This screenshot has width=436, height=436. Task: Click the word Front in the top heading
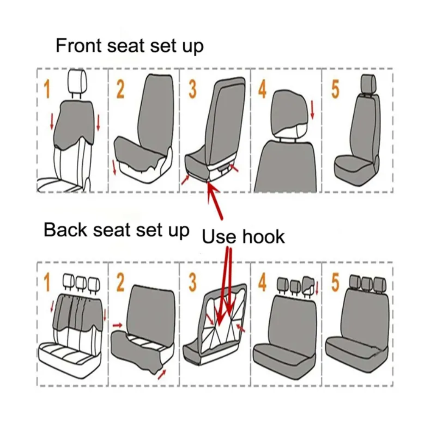[78, 45]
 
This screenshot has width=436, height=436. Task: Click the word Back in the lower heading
[65, 230]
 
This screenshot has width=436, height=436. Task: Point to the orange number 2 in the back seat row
[120, 283]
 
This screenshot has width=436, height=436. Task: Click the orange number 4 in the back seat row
[262, 283]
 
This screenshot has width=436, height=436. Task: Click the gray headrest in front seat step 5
[368, 83]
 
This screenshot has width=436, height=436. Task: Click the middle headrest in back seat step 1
[81, 283]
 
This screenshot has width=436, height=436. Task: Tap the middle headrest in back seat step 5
[367, 283]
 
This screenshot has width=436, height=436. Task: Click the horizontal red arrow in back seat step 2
[117, 325]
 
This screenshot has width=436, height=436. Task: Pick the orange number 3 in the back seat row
[192, 283]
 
